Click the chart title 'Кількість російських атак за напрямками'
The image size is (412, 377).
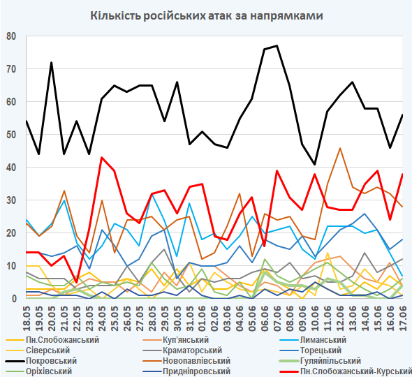[x=207, y=16]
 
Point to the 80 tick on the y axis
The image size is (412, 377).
[x=11, y=36]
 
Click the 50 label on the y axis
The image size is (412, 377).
[x=11, y=135]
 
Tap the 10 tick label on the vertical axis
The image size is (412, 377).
[x=11, y=265]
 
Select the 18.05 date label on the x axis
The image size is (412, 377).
[x=27, y=318]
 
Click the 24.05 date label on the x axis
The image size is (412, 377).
[x=102, y=318]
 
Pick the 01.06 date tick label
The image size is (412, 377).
[x=202, y=318]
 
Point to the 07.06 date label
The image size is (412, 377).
[x=277, y=318]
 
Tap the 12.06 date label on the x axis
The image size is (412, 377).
[x=340, y=318]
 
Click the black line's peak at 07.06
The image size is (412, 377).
[x=277, y=46]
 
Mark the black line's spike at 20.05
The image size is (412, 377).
[x=52, y=63]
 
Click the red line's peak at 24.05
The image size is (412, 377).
[x=102, y=157]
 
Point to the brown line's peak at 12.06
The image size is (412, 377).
[x=340, y=148]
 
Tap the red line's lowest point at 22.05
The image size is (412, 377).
[x=76, y=282]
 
